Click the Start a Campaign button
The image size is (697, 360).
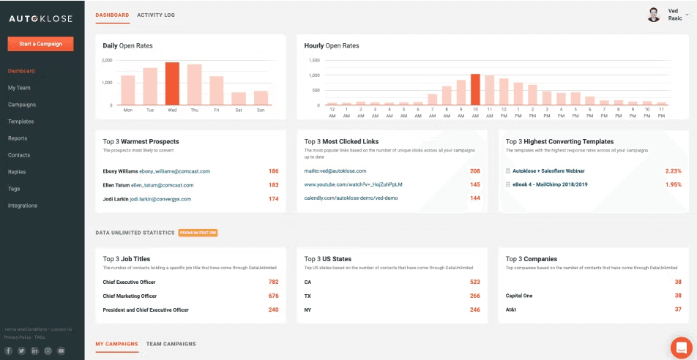click(x=40, y=44)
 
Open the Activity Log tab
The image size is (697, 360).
click(x=156, y=15)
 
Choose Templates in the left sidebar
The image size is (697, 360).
click(x=20, y=121)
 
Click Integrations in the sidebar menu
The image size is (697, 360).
click(x=23, y=206)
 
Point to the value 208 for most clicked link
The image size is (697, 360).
click(x=474, y=171)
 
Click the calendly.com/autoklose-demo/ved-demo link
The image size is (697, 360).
click(x=351, y=198)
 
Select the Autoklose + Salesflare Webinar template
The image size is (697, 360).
click(x=548, y=171)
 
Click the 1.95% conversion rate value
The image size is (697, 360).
click(x=673, y=184)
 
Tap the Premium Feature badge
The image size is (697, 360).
click(x=198, y=233)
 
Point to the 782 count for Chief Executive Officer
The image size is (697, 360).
click(x=273, y=282)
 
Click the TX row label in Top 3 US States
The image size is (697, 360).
click(x=308, y=296)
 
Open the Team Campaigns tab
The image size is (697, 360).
click(x=171, y=344)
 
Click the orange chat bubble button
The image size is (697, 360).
click(x=681, y=347)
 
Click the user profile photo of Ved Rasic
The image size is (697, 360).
click(x=654, y=15)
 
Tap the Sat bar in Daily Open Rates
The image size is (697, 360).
click(x=239, y=99)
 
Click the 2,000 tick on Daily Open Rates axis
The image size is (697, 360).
click(x=107, y=60)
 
